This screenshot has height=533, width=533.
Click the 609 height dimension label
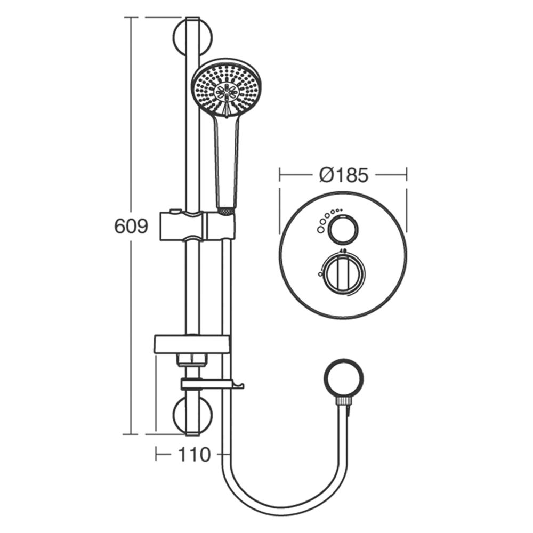[131, 226]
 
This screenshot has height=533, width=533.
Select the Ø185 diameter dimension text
[344, 175]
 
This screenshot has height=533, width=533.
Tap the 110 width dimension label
[195, 455]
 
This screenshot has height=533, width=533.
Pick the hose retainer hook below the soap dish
[213, 384]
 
